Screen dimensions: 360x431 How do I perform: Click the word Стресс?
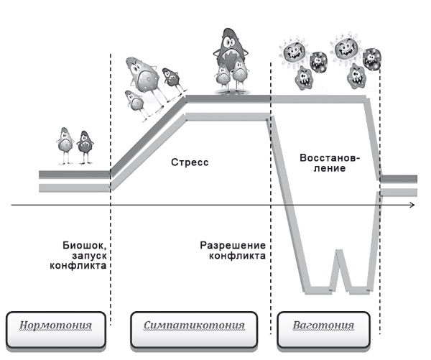(x=190, y=163)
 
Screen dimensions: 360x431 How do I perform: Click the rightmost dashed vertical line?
(x=379, y=144)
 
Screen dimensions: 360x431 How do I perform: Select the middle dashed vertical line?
(x=270, y=144)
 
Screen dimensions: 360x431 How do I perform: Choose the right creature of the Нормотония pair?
(x=85, y=146)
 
